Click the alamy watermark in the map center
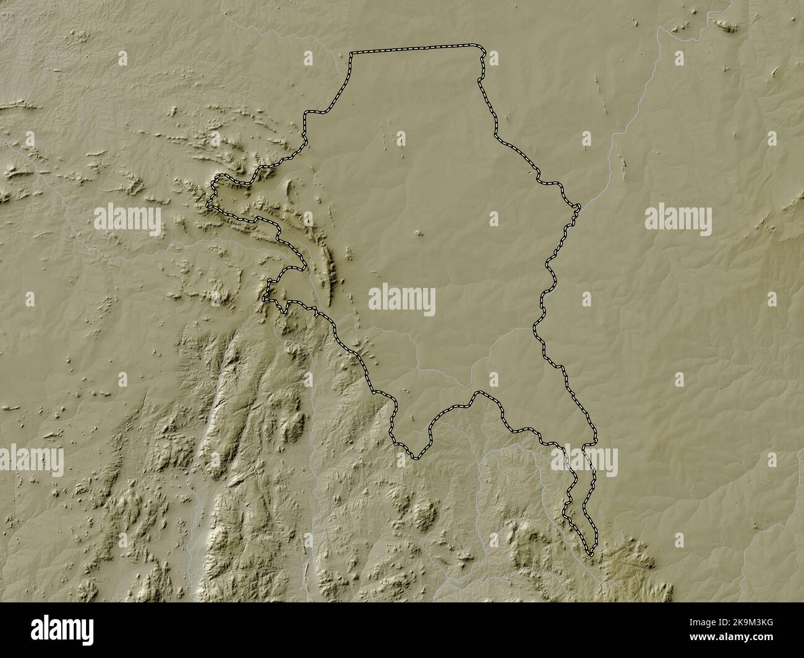click(402, 302)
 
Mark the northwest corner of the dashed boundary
click(351, 54)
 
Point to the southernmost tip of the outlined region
click(591, 554)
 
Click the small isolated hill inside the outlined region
click(419, 234)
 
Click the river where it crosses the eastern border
click(576, 208)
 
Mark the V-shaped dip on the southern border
click(416, 457)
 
